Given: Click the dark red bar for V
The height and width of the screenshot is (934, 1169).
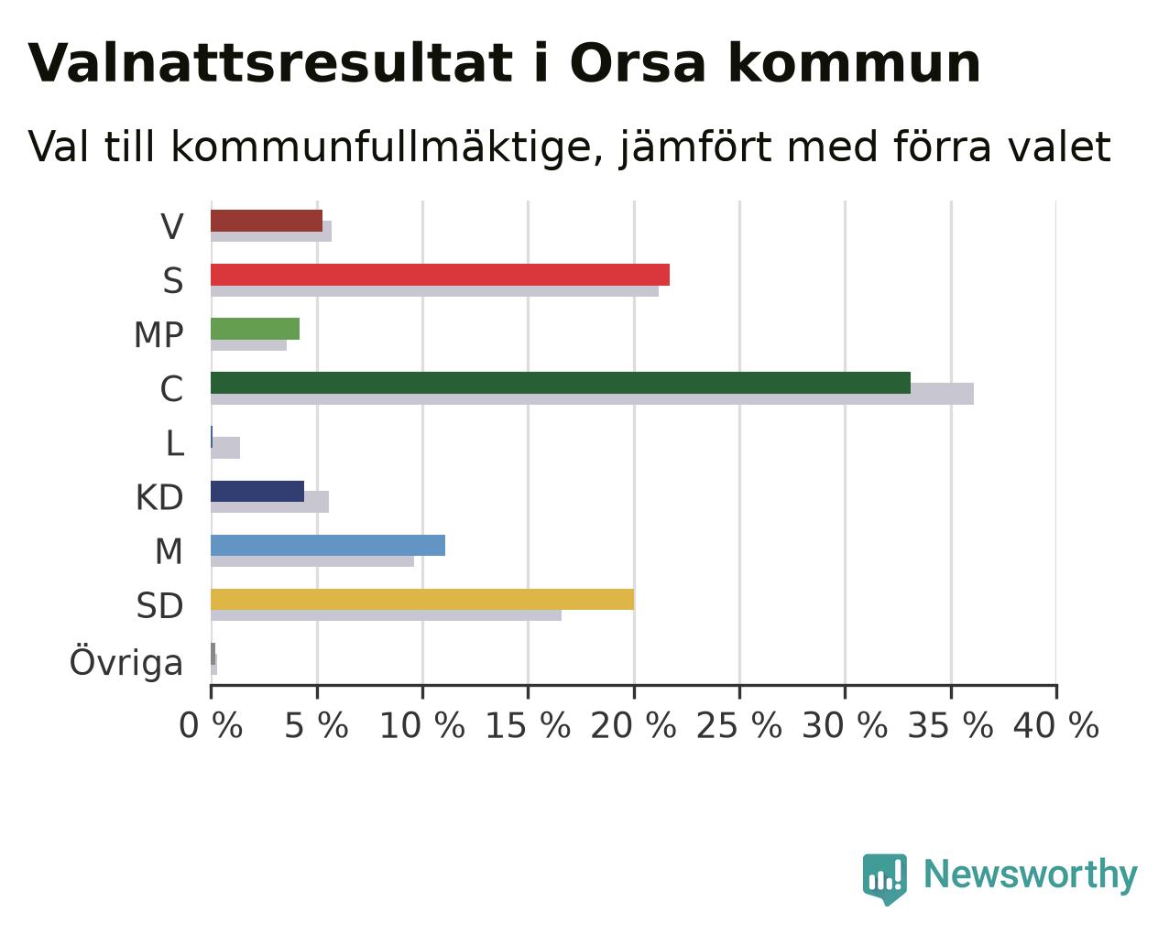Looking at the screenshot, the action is pos(267,221).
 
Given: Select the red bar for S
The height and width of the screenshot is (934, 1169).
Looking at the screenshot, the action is pos(440,275).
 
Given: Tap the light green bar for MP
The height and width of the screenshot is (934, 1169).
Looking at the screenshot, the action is pos(256,329).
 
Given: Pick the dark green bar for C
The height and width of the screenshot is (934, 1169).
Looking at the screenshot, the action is pos(561,383).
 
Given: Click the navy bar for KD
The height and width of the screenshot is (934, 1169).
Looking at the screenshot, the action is pos(257,491).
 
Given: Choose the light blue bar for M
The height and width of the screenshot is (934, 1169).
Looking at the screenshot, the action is pos(328,545).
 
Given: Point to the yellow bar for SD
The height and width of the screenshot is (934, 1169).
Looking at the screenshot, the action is pos(422,600).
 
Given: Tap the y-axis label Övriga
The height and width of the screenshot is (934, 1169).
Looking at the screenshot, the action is pos(126,661).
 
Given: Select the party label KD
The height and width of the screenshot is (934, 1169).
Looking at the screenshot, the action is pos(159,497).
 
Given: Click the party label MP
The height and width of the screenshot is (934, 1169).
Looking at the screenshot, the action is pos(158,335).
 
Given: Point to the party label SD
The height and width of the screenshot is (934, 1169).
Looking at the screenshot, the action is pos(159,606).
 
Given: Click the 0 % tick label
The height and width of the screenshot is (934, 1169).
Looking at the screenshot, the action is pos(211,726).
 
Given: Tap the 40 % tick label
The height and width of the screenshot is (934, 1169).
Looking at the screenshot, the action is pos(1056,726).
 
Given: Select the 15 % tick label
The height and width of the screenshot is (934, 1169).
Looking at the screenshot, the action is pos(528,726).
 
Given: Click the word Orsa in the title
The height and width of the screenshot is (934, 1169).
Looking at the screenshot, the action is pos(638,64).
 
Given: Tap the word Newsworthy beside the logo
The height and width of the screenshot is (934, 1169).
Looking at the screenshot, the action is pos(1031,875).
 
